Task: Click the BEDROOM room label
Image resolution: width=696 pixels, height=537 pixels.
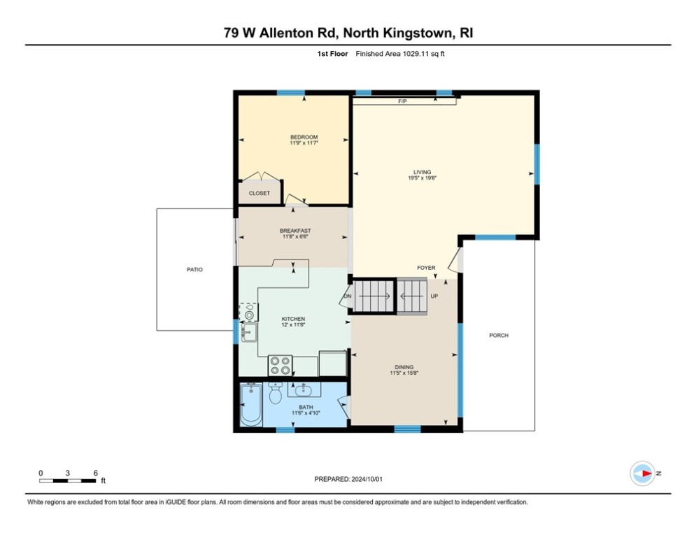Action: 304,137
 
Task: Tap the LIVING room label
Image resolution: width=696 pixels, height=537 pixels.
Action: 422,172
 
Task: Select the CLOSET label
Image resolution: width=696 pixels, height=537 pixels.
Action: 260,194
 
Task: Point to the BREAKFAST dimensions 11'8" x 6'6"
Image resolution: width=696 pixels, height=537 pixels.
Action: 296,236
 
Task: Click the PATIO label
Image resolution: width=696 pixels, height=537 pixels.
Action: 194,269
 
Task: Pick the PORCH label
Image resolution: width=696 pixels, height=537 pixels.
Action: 499,336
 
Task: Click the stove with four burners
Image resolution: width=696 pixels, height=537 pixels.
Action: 280,366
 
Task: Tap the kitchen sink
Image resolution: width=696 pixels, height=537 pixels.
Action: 249,332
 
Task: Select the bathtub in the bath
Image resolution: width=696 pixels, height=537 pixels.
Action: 251,404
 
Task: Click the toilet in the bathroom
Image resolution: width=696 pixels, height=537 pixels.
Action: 276,393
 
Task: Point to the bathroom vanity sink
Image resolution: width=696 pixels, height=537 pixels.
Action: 304,389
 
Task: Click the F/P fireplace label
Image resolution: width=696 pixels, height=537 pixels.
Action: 403,101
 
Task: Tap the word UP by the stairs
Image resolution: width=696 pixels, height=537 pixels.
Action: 434,296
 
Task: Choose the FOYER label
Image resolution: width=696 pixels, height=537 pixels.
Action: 426,268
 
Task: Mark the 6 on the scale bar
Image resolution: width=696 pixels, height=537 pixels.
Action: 95,473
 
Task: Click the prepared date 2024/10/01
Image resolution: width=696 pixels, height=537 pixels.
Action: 367,479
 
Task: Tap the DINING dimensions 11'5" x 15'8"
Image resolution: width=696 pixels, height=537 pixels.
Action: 404,373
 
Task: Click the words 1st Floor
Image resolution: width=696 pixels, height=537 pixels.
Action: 332,54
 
